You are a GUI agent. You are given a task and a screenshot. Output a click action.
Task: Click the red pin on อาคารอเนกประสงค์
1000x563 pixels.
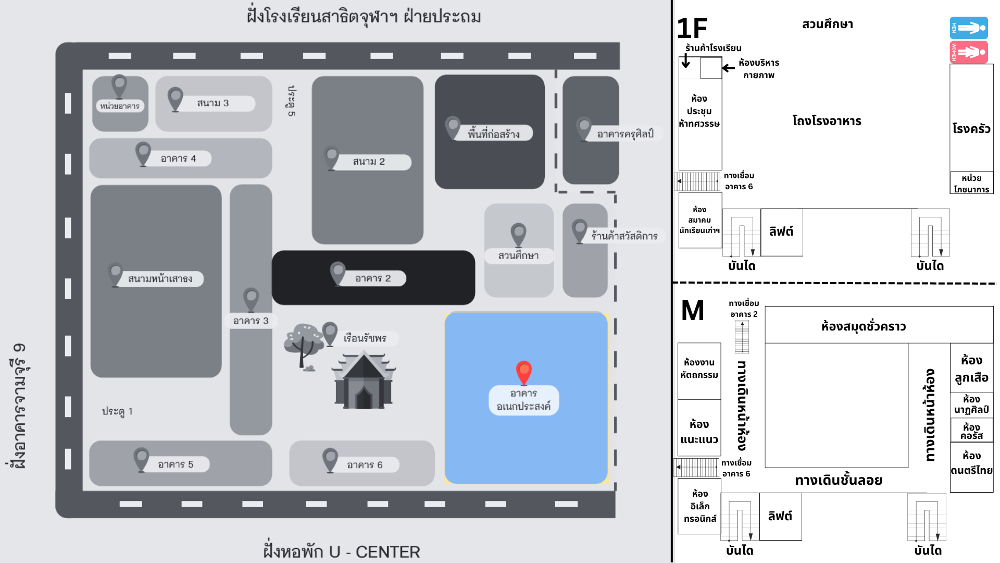pos(523,372)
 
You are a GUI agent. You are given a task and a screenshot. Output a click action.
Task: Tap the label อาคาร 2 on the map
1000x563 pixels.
pos(373,278)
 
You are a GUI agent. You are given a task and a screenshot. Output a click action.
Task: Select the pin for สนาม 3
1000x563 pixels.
pos(175,98)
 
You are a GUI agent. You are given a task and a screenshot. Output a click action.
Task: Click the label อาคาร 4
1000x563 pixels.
pos(178,158)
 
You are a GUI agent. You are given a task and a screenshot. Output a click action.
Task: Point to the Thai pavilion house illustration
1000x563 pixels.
pos(364,381)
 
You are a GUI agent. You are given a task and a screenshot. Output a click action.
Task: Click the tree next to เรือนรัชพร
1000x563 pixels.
pos(303,345)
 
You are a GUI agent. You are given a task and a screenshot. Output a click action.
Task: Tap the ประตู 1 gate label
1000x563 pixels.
pos(117,411)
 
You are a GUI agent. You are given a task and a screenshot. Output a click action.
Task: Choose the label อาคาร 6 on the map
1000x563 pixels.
pos(365,465)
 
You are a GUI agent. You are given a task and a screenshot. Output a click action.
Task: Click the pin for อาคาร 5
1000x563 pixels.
pos(141,459)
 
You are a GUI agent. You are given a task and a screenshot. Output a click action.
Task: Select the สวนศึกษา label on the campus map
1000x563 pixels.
pos(518,255)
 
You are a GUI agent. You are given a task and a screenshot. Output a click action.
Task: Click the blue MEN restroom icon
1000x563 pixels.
pos(969,28)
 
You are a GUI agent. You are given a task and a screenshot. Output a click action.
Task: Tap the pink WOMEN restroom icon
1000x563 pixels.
pos(969,52)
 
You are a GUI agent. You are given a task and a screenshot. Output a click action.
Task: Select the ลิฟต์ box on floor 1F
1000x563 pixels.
pos(781,232)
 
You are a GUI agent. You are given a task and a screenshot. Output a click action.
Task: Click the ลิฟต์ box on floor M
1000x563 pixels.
pos(780,516)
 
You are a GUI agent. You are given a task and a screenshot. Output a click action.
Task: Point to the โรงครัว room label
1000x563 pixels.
pos(971,129)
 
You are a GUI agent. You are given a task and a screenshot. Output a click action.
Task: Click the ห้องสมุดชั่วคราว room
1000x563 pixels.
pos(864,326)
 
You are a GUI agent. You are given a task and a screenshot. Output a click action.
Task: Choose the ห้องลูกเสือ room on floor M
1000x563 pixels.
pos(971,369)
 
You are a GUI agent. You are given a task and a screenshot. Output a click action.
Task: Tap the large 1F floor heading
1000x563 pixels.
pos(692,29)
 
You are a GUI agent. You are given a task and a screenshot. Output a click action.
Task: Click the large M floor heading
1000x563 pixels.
pos(693,311)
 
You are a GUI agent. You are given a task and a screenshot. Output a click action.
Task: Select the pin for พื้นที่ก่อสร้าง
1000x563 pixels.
pos(453,127)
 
